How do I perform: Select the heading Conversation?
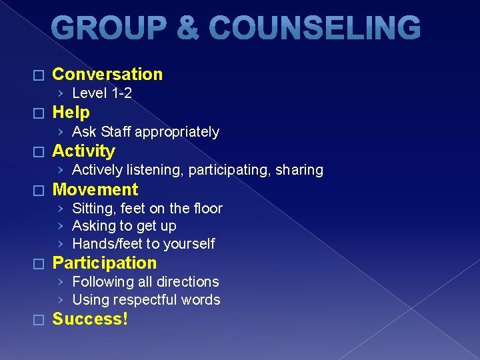coord(107,74)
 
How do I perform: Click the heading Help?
coord(71,112)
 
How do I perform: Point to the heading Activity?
coord(83,151)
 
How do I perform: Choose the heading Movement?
coord(95,189)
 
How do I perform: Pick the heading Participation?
coord(104,263)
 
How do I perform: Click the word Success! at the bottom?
coord(90,319)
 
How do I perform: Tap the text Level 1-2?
coord(102,93)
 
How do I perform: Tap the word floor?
coord(207,209)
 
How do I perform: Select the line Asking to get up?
coord(124,226)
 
